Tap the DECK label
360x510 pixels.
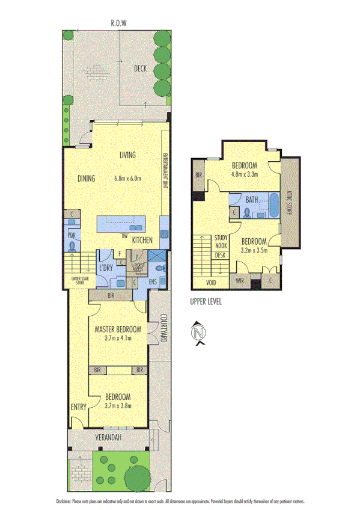[141, 69]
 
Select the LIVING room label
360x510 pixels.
[127, 155]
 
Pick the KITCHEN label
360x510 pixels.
[142, 241]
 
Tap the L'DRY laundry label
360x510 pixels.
[106, 266]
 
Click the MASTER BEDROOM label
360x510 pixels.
[118, 330]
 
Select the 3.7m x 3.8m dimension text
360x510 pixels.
[118, 405]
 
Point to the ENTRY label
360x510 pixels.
[79, 407]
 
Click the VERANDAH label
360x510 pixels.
[108, 438]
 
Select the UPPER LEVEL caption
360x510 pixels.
[206, 302]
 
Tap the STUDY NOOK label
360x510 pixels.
[222, 242]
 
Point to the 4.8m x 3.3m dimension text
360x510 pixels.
[244, 175]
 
